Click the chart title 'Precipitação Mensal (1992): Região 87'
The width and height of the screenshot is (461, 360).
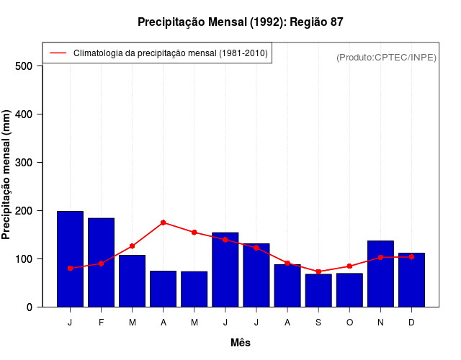(241, 22)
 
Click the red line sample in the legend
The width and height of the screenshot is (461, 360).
(58, 53)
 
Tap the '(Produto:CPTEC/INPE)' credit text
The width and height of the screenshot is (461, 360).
(386, 57)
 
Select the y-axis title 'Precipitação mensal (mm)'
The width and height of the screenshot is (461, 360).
(7, 175)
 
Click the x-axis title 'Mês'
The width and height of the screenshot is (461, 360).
(241, 343)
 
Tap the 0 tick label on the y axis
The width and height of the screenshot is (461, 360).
(29, 307)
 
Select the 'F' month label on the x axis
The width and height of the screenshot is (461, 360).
(101, 323)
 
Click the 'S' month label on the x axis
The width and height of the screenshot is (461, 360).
(318, 323)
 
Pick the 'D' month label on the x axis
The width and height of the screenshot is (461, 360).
(411, 323)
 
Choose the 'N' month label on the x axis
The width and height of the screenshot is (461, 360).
(380, 323)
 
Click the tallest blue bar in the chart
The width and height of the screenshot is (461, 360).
(70, 259)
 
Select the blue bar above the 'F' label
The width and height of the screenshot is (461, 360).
(101, 263)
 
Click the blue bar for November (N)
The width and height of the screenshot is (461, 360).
(380, 274)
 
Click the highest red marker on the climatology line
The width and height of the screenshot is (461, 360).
(164, 222)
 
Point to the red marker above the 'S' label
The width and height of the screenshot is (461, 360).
(318, 271)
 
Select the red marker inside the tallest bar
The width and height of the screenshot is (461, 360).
(70, 268)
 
